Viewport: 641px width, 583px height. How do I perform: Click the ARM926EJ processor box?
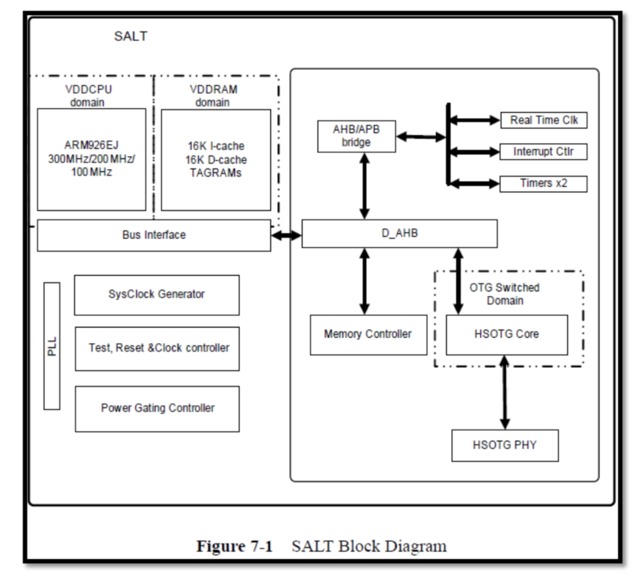[x=92, y=159]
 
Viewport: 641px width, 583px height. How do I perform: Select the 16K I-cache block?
[x=216, y=159]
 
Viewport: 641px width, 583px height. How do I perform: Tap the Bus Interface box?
[x=154, y=235]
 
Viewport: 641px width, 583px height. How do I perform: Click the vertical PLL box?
[x=52, y=346]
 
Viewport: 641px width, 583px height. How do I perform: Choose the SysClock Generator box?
[x=157, y=295]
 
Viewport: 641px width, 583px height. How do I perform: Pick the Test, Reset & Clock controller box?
[x=157, y=348]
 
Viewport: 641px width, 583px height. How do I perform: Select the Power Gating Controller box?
[x=157, y=409]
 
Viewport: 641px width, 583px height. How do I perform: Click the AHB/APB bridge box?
[x=356, y=136]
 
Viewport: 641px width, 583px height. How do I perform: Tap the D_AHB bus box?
[x=399, y=234]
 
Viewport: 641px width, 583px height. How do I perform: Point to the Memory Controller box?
[x=368, y=334]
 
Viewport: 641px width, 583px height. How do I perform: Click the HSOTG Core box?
[x=507, y=334]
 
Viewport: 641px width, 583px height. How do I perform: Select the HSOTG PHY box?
[x=505, y=445]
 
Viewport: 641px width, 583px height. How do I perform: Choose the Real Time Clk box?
[x=543, y=120]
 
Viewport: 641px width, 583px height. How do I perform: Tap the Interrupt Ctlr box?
[x=543, y=152]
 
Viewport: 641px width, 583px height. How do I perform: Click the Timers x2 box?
[x=543, y=183]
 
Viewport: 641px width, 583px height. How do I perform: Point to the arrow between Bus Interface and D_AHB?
[x=286, y=236]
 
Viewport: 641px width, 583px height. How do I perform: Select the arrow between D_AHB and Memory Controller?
[x=364, y=281]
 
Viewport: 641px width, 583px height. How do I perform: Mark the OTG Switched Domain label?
[x=505, y=294]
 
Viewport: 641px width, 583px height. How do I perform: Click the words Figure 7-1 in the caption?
[x=235, y=546]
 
